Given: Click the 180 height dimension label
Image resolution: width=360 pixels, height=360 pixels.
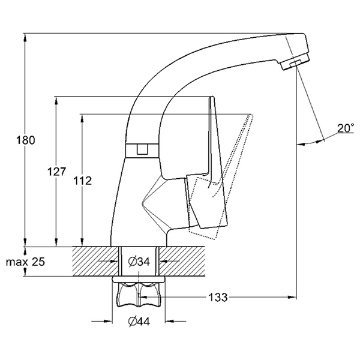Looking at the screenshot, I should pyautogui.click(x=26, y=140).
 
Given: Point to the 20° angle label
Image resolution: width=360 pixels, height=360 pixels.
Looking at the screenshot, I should pyautogui.click(x=345, y=128).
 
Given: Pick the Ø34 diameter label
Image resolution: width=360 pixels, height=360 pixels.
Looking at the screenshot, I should pyautogui.click(x=139, y=262).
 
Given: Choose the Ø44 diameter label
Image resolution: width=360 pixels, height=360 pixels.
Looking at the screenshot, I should pyautogui.click(x=139, y=322).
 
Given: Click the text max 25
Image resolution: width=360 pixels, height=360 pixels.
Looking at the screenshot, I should pyautogui.click(x=24, y=262).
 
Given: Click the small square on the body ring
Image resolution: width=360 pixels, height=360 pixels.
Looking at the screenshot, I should pyautogui.click(x=143, y=150).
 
